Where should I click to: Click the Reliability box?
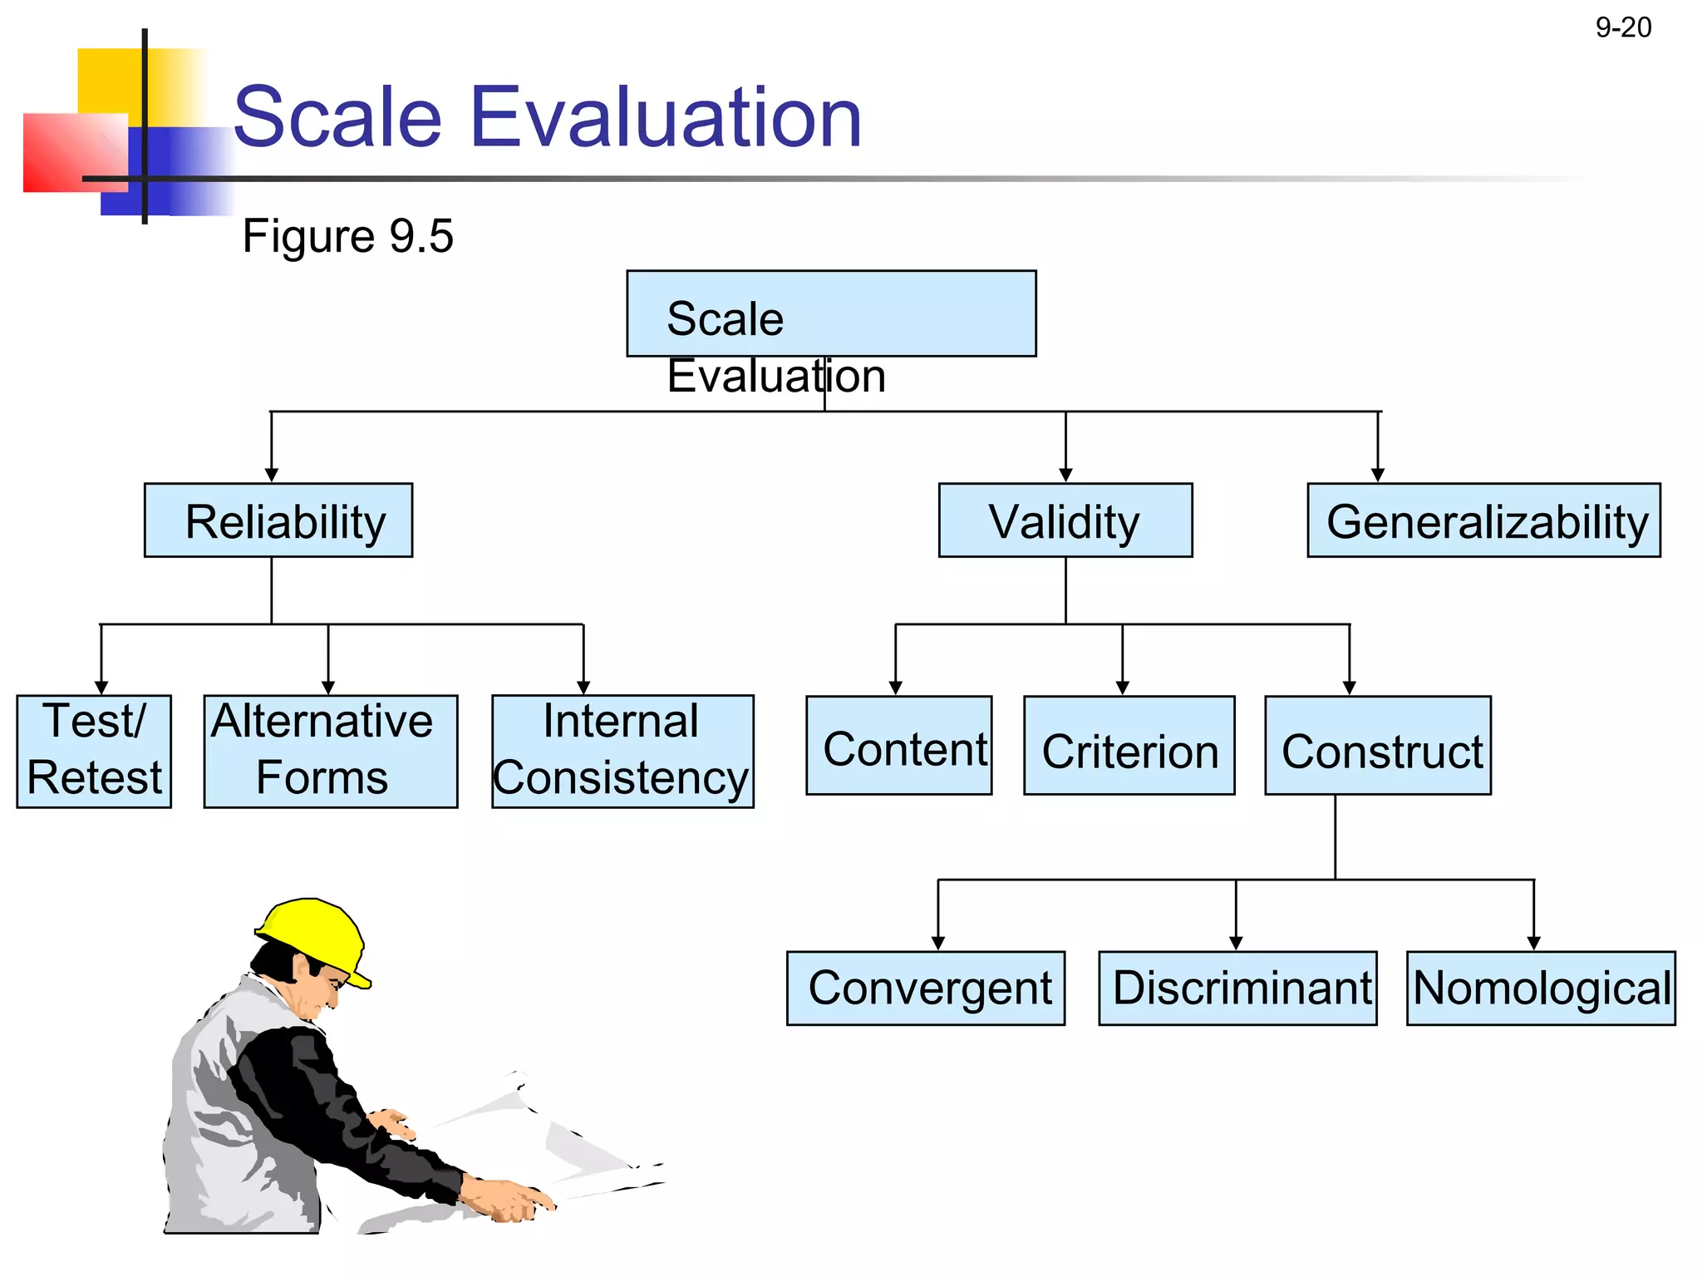point(278,520)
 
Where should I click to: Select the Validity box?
point(1065,520)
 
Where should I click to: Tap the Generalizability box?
point(1483,520)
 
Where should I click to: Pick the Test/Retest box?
point(94,751)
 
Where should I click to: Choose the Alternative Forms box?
point(330,751)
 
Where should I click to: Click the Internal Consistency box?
point(622,751)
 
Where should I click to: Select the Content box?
point(898,746)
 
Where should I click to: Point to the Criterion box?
point(1129,746)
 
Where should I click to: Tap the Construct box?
point(1377,746)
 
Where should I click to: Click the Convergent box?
point(925,988)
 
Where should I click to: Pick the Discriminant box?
point(1237,988)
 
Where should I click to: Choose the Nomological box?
point(1540,988)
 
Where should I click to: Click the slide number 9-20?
point(1622,27)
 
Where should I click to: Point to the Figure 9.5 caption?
point(347,236)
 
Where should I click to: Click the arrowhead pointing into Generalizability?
point(1377,475)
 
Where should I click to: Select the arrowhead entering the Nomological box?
point(1533,943)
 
